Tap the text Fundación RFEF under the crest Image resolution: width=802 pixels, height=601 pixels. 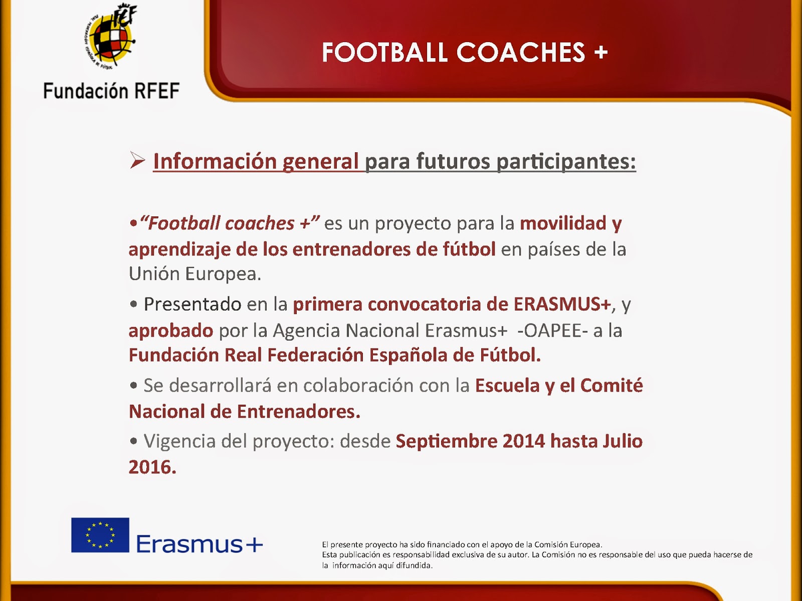[x=111, y=91]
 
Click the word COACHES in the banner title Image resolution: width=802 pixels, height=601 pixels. [x=521, y=52]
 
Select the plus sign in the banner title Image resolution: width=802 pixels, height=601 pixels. [x=601, y=52]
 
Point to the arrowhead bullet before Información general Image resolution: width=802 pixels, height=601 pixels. [x=137, y=160]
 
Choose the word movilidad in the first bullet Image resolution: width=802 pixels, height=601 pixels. [x=563, y=223]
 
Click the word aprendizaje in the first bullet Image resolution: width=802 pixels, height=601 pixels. [x=179, y=250]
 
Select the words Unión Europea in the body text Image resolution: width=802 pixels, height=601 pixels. [x=195, y=273]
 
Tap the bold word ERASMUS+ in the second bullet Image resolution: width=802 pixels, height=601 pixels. [x=562, y=304]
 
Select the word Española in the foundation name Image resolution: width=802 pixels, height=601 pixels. [x=408, y=356]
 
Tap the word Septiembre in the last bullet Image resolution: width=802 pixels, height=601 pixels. [x=447, y=442]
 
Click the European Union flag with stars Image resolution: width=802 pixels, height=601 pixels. [x=100, y=535]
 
